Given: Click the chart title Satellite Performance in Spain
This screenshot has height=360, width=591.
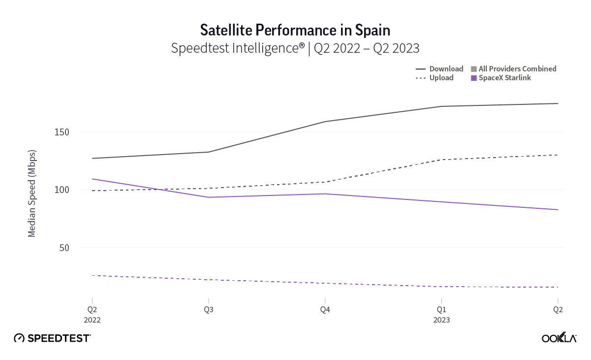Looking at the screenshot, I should [x=295, y=31].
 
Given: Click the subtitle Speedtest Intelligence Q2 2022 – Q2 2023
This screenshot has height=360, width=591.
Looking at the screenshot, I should [x=295, y=48].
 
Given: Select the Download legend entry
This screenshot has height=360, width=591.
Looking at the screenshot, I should [x=446, y=69].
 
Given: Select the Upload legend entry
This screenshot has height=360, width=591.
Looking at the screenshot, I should [x=441, y=78].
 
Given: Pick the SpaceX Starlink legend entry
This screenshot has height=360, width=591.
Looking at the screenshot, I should [x=505, y=78].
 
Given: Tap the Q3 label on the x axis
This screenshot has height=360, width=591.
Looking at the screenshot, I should [x=208, y=310].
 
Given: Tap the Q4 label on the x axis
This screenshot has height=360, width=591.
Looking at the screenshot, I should [x=325, y=310].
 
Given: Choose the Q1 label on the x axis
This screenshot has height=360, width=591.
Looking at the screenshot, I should [x=441, y=310].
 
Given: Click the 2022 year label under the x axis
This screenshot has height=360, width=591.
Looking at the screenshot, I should [x=92, y=320].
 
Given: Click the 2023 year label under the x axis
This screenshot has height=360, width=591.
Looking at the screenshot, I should [x=441, y=320].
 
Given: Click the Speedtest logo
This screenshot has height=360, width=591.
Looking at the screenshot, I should [x=52, y=338].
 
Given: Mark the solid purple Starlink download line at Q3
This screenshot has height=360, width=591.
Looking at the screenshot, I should [x=208, y=197].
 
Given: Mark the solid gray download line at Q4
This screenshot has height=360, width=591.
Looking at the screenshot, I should [x=325, y=122].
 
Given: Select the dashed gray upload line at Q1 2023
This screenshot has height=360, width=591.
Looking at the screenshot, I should [x=441, y=160].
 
